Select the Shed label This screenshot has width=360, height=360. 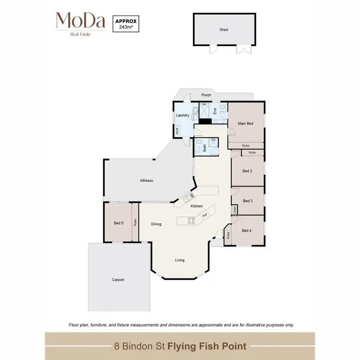tap(224, 30)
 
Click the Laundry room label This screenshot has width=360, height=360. tap(182, 116)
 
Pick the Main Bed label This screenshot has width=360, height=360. tap(246, 124)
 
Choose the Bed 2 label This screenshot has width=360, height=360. tap(247, 171)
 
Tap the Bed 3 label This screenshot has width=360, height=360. tap(247, 201)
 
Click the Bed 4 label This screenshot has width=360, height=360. tap(247, 231)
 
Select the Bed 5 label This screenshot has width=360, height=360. tap(119, 223)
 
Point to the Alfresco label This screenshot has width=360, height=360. tap(146, 180)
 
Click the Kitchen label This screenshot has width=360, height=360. tap(197, 206)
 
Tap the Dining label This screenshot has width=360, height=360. tap(156, 224)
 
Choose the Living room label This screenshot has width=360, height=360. tap(180, 260)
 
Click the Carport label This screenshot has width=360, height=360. tap(118, 280)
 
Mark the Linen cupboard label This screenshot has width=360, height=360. tap(235, 210)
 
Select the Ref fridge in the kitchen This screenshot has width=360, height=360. tap(204, 216)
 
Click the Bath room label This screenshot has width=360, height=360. tap(204, 149)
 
